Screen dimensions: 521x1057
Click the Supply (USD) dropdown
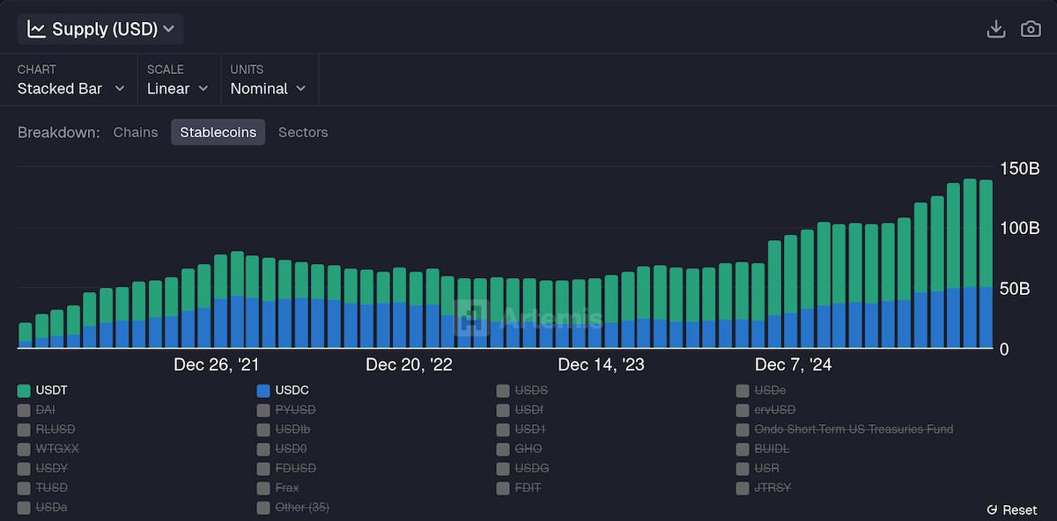(100, 29)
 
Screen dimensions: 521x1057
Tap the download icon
(996, 29)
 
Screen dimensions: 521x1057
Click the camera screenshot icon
(1031, 29)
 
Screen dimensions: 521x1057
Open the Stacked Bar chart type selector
(70, 88)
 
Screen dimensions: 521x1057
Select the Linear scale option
(177, 88)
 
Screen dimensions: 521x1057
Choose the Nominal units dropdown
(268, 88)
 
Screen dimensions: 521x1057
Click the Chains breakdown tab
(136, 132)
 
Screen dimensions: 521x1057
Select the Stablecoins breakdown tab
(218, 132)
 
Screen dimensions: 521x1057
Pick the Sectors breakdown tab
(303, 132)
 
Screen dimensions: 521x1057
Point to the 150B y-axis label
(1020, 168)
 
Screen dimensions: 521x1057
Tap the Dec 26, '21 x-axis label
(217, 364)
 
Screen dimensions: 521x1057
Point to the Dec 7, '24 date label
(794, 364)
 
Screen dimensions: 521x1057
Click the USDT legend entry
(43, 390)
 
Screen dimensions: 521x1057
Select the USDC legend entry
(283, 390)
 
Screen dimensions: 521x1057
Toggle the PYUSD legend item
(286, 409)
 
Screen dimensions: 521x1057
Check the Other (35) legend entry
(293, 507)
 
